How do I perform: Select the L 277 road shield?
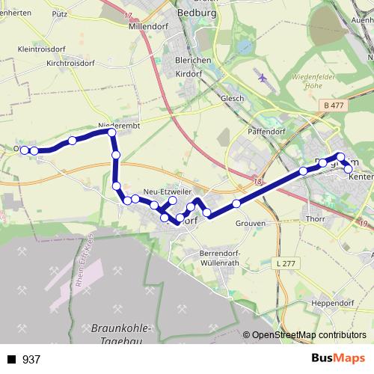[x=284, y=264]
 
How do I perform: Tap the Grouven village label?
[x=250, y=222]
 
